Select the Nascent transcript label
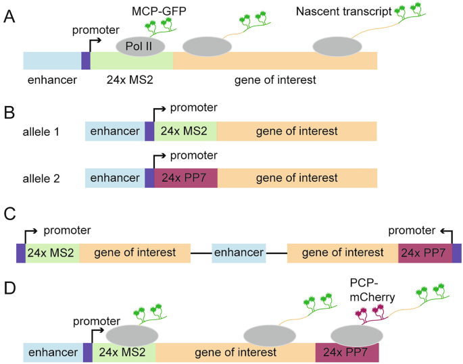coord(343,11)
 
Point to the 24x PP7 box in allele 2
coord(186,178)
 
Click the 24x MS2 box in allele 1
coord(186,131)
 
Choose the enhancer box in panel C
coord(239,253)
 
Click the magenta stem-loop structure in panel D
coord(367,311)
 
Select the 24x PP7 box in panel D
coord(347,353)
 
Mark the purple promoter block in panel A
coord(86,60)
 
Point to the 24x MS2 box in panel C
coord(53,253)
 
